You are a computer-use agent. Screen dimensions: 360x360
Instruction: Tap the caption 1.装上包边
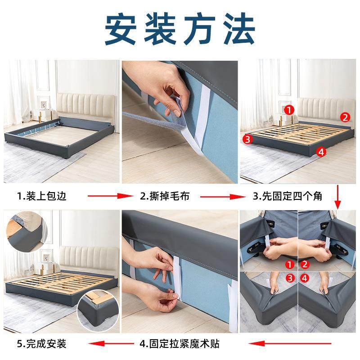pyautogui.click(x=42, y=196)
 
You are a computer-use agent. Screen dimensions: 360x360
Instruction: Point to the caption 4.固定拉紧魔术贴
pyautogui.click(x=180, y=344)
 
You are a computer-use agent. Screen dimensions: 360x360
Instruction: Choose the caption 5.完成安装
pyautogui.click(x=42, y=344)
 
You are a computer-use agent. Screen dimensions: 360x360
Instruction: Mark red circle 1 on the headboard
pyautogui.click(x=289, y=109)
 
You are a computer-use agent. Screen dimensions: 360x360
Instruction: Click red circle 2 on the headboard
pyautogui.click(x=345, y=117)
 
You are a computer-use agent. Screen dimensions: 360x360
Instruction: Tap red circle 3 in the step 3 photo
pyautogui.click(x=246, y=139)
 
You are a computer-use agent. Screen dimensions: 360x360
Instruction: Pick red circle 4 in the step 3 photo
pyautogui.click(x=321, y=152)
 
